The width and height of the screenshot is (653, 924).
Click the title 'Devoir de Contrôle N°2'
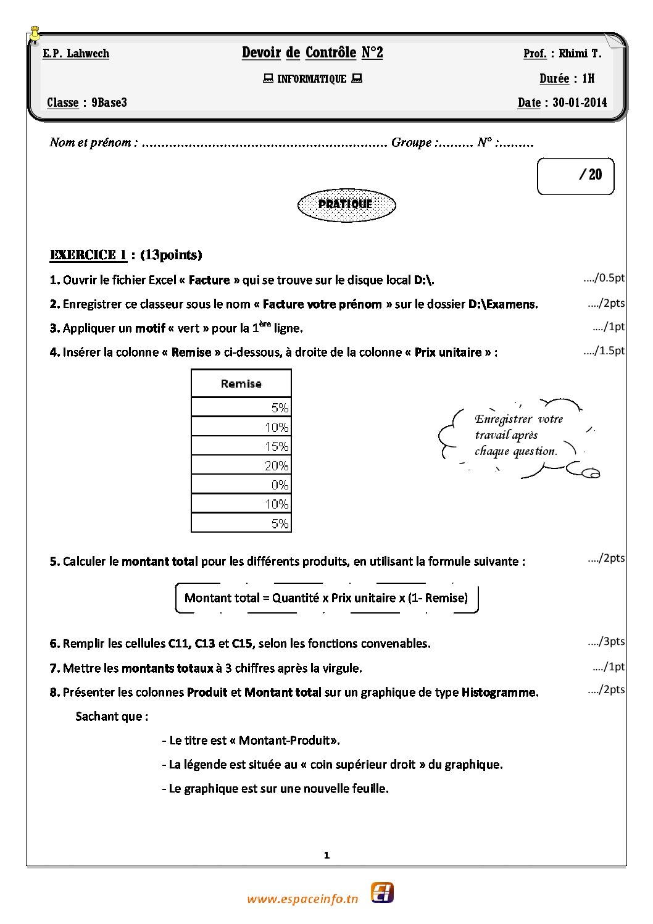pyautogui.click(x=312, y=52)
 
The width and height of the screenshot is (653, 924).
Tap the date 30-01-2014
pyautogui.click(x=580, y=102)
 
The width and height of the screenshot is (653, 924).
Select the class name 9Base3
pyautogui.click(x=109, y=102)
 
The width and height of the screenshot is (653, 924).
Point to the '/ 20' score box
pyautogui.click(x=576, y=176)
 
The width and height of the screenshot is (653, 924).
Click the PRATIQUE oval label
pyautogui.click(x=346, y=205)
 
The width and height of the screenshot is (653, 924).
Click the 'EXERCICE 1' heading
pyautogui.click(x=88, y=255)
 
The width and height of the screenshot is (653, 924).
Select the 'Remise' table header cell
pyautogui.click(x=241, y=383)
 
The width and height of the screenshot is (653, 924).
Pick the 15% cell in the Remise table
pyautogui.click(x=241, y=446)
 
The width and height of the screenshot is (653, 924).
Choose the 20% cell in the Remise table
pyautogui.click(x=241, y=465)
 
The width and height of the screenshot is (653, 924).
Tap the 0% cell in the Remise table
pyautogui.click(x=241, y=485)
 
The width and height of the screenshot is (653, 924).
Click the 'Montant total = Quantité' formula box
pyautogui.click(x=326, y=597)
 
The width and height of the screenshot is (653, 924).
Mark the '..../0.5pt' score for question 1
pyautogui.click(x=604, y=278)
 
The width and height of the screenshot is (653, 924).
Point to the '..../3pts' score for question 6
pyautogui.click(x=606, y=641)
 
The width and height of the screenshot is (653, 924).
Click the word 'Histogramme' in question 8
pyautogui.click(x=499, y=693)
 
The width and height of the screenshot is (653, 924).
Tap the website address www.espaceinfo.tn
pyautogui.click(x=302, y=899)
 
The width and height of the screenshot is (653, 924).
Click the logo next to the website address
pyautogui.click(x=382, y=893)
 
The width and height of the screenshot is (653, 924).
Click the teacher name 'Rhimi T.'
pyautogui.click(x=580, y=54)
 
